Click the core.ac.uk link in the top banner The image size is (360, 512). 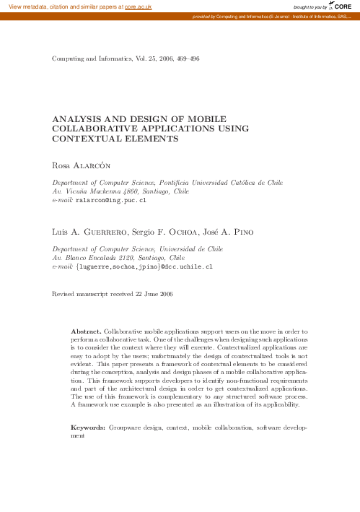point(138,6)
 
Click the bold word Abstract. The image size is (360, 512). point(87,331)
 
